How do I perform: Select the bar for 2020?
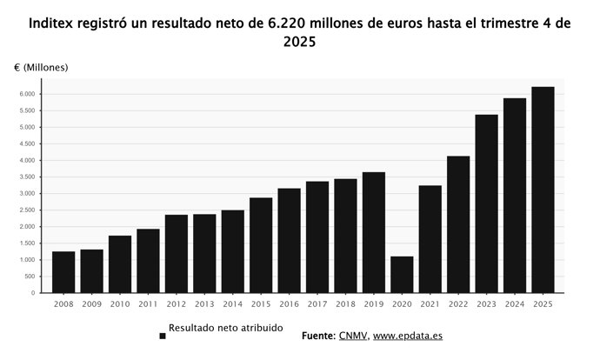(402, 274)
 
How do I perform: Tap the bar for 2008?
(63, 271)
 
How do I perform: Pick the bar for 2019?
(374, 232)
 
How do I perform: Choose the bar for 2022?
(458, 224)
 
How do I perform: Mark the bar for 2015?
(261, 245)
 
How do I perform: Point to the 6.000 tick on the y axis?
(25, 94)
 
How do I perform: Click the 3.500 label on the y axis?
(25, 177)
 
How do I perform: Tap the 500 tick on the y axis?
(29, 277)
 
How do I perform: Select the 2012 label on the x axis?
(177, 303)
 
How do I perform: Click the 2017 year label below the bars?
(317, 303)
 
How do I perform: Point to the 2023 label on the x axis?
(486, 303)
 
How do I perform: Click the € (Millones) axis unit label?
(41, 67)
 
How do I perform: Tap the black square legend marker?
(163, 336)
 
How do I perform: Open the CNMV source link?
(353, 336)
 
